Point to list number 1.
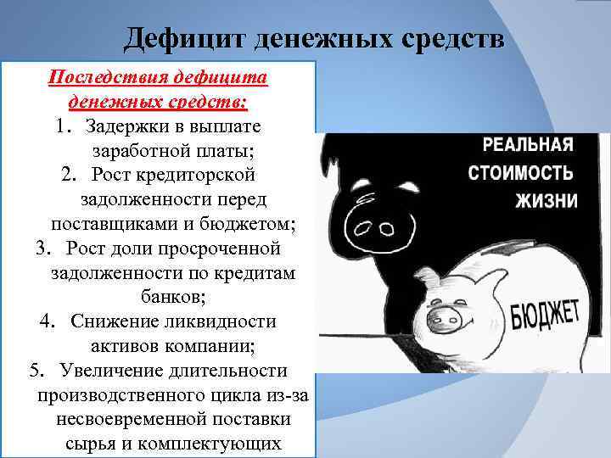(x=62, y=126)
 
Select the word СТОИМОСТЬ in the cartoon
(x=520, y=173)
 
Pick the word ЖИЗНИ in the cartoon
(x=546, y=202)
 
